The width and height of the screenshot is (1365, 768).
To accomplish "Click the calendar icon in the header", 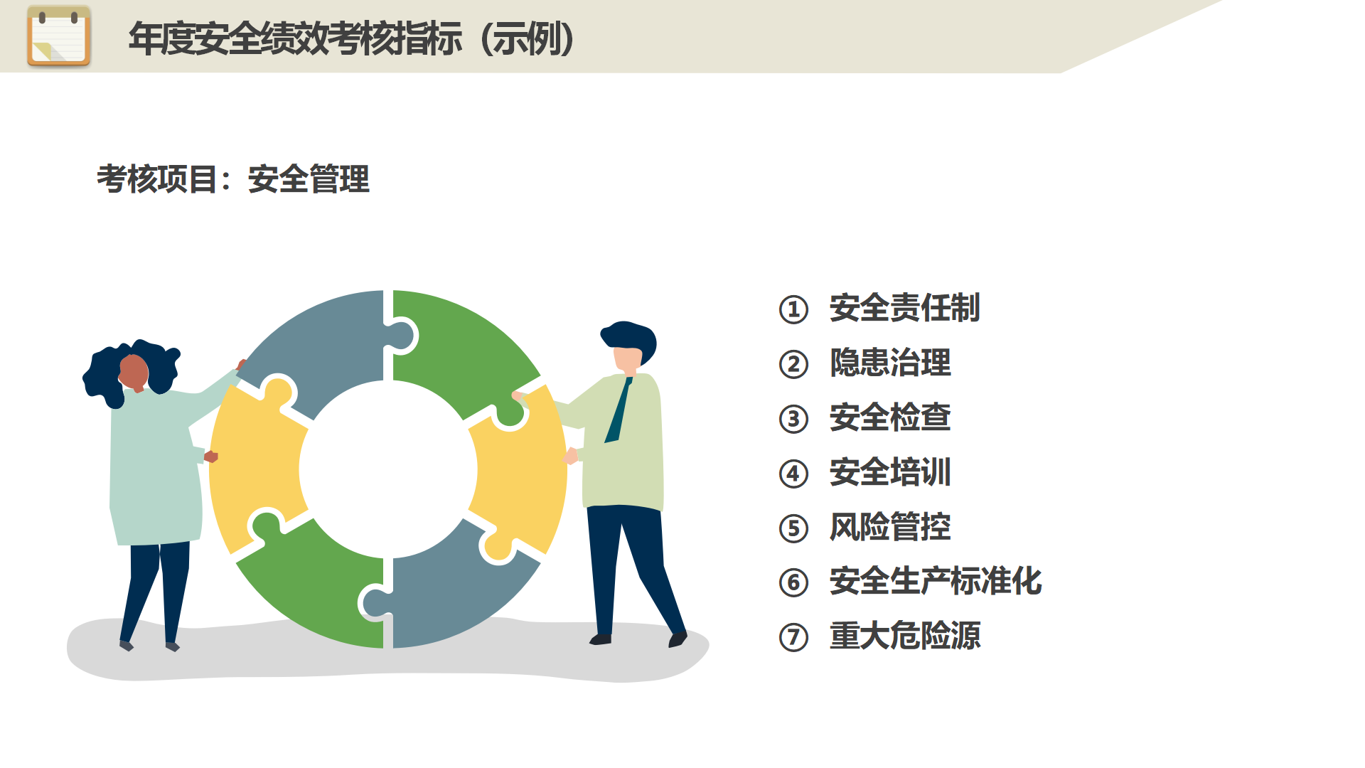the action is pos(59,36).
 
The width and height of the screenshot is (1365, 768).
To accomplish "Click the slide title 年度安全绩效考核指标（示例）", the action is pos(352,39).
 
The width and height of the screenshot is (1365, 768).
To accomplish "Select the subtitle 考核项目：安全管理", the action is pos(233,179).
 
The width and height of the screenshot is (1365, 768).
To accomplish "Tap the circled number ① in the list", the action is pos(793,309).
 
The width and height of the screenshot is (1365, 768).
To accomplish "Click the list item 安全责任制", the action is pos(904,308).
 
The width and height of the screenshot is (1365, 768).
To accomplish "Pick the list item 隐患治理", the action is pos(890,363).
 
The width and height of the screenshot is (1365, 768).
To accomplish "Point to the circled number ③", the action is pos(793,419).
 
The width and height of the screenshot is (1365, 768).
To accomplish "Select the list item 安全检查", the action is pos(890,417).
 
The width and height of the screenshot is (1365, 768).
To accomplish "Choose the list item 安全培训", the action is pos(890,472).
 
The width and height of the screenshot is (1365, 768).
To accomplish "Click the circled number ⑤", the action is pos(793,528).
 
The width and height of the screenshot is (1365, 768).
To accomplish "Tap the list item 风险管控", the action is pos(890,527).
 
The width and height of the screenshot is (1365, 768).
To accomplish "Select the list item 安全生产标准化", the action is pos(936,581).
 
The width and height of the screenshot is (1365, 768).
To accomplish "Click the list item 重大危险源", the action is pos(904,636).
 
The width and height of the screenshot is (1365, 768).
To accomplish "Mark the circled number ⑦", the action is pos(793,637).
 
